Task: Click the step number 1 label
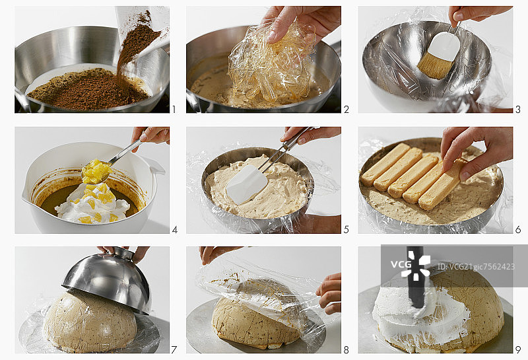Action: pos(174,109)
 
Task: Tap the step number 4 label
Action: pos(175,230)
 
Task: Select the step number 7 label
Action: pos(174,350)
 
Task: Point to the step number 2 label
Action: pos(346,109)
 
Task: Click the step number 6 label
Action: pos(518,230)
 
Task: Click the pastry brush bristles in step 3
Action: pos(435,67)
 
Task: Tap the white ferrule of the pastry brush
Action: pos(444,46)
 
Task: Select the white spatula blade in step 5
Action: pos(247,184)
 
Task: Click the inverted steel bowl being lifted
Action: pos(108,279)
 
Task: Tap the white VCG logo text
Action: pos(401,264)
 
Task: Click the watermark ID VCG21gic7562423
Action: pos(476,267)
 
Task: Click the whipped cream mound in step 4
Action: pos(92,203)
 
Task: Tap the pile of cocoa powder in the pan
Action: pos(88,89)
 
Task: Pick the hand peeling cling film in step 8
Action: pos(329,293)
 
